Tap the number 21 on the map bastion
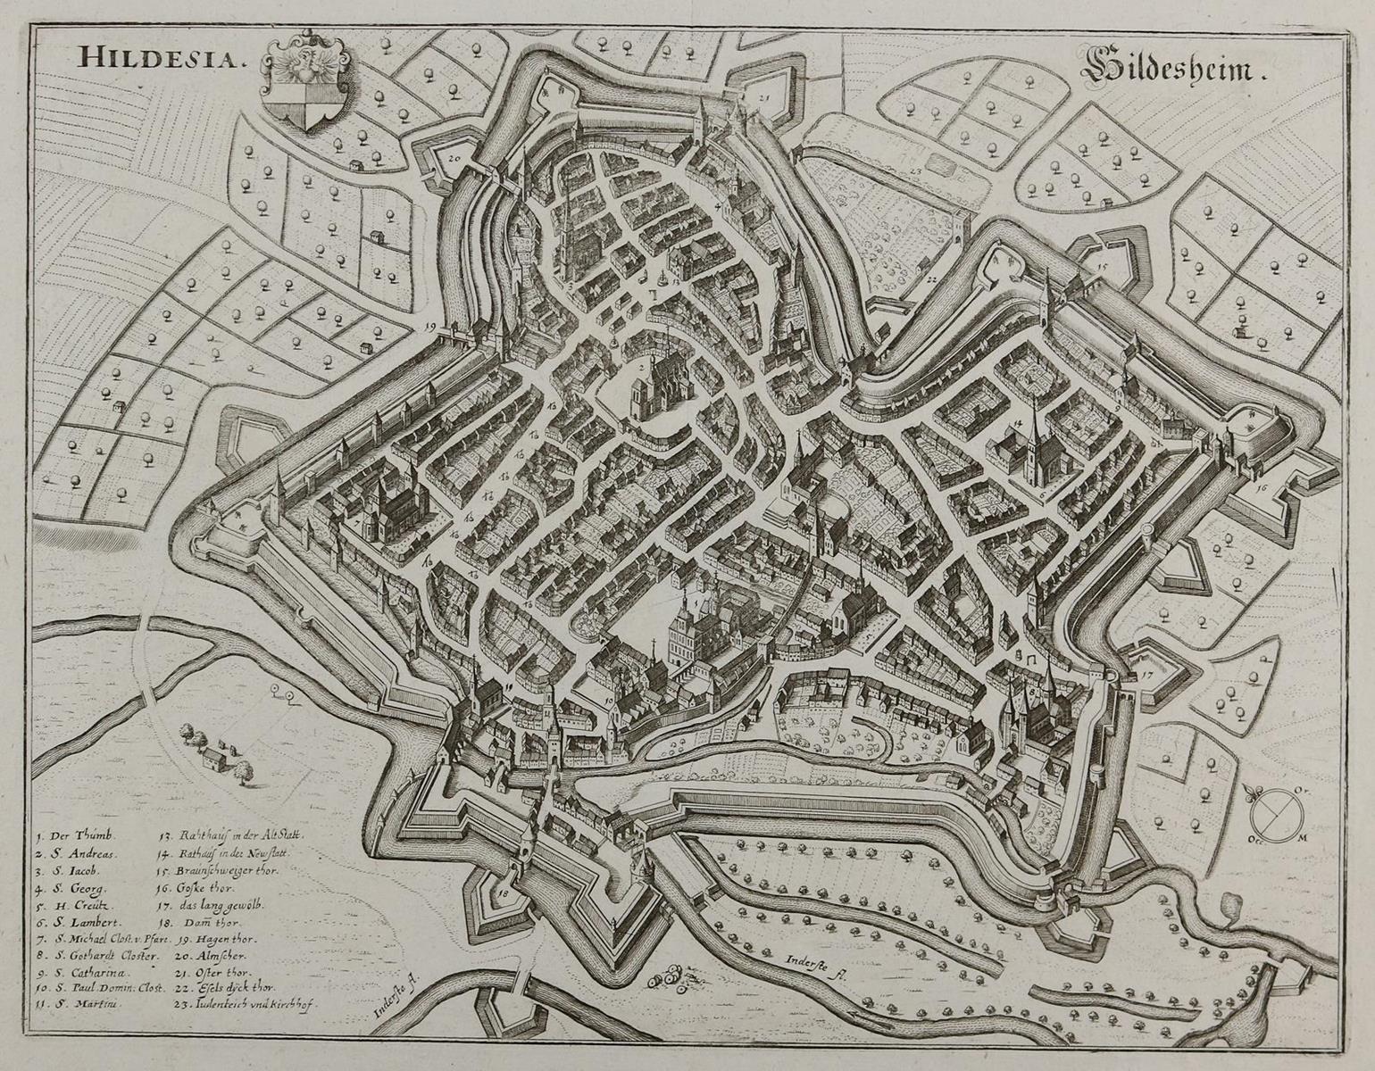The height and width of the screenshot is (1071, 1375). (764, 97)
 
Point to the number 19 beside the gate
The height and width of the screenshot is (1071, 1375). (432, 328)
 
